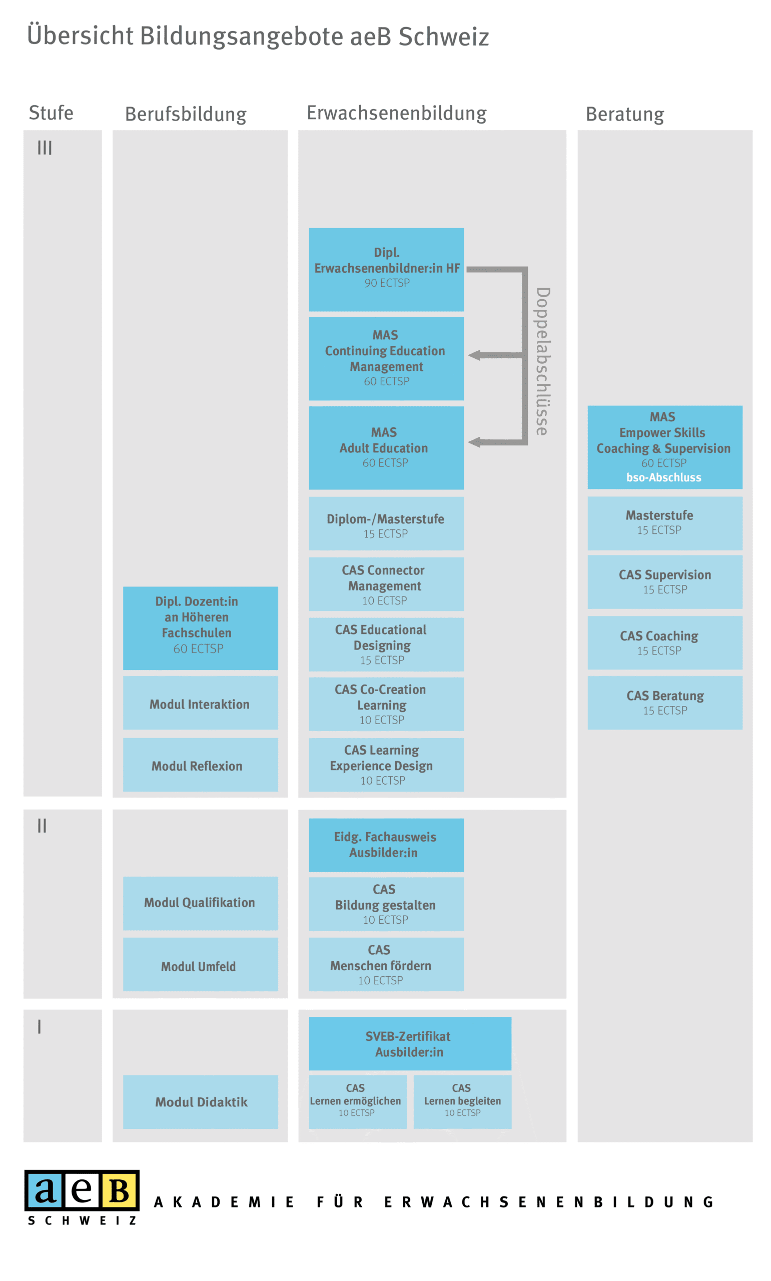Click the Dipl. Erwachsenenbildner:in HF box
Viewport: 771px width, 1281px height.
click(x=386, y=269)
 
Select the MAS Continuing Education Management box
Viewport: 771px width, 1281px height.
click(x=386, y=358)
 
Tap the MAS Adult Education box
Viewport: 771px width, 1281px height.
click(x=386, y=447)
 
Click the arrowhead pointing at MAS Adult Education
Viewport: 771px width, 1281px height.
click(x=474, y=442)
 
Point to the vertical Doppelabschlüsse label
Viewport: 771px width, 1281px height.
click(x=542, y=361)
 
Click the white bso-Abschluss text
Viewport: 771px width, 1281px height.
click(x=663, y=477)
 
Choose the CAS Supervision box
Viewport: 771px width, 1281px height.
click(x=664, y=582)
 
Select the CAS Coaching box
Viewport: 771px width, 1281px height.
click(x=664, y=643)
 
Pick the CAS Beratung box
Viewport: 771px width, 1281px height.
click(x=664, y=703)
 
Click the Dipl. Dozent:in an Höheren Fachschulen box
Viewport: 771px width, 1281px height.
click(x=200, y=627)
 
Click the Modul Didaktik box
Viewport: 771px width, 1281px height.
click(x=200, y=1102)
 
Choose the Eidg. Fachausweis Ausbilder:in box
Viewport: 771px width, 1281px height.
click(x=386, y=845)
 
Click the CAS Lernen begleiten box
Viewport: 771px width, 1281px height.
click(x=462, y=1102)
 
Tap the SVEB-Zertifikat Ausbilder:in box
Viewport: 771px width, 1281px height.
click(x=409, y=1044)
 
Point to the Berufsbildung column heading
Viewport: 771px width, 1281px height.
click(x=186, y=114)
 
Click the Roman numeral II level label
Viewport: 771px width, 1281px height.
click(x=42, y=826)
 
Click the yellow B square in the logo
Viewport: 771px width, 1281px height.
click(x=119, y=1190)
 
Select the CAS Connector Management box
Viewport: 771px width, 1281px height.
click(x=386, y=584)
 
